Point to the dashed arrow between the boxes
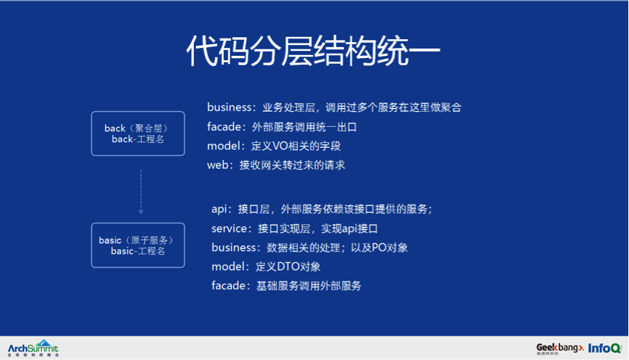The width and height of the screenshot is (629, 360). pos(141,192)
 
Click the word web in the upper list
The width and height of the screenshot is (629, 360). pos(218,165)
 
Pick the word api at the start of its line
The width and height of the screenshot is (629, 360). pos(220,209)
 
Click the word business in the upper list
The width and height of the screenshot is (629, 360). pos(229,107)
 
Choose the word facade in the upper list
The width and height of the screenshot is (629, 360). pos(224,127)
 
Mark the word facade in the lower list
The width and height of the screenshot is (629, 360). pos(228,286)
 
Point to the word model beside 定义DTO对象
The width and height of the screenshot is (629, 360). pos(228,267)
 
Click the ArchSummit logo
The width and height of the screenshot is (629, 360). pos(33,348)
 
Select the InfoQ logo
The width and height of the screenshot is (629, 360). pos(604,348)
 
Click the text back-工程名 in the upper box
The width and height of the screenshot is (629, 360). pos(138,139)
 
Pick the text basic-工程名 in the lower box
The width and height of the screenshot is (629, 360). pos(138,251)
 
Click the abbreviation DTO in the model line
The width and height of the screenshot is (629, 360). pos(288,267)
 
